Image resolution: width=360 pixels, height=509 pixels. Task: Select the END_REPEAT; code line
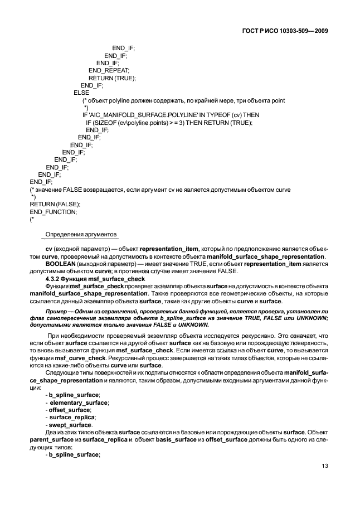[109, 70]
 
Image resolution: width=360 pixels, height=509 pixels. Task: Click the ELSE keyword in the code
[81, 93]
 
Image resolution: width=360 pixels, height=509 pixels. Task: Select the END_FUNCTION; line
[53, 211]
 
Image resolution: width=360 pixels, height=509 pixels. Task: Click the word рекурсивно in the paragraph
[254, 336]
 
